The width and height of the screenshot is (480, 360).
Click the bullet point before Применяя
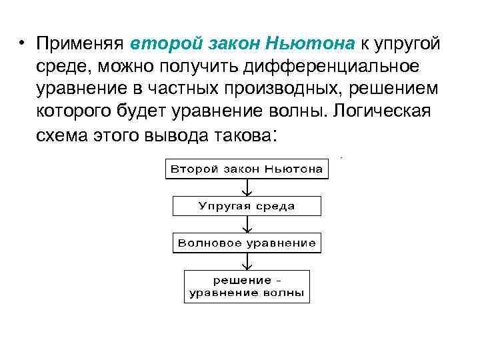[22, 44]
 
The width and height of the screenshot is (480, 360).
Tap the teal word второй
[162, 44]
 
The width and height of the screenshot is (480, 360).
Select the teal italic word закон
[229, 44]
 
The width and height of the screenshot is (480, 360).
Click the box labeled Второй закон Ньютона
[247, 169]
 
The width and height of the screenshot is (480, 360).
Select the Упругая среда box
[247, 206]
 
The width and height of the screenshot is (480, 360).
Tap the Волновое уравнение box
[247, 243]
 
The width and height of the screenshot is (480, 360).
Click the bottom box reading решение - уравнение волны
[247, 286]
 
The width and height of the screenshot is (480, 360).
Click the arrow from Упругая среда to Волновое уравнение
[247, 224]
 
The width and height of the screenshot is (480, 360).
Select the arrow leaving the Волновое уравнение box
[247, 261]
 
